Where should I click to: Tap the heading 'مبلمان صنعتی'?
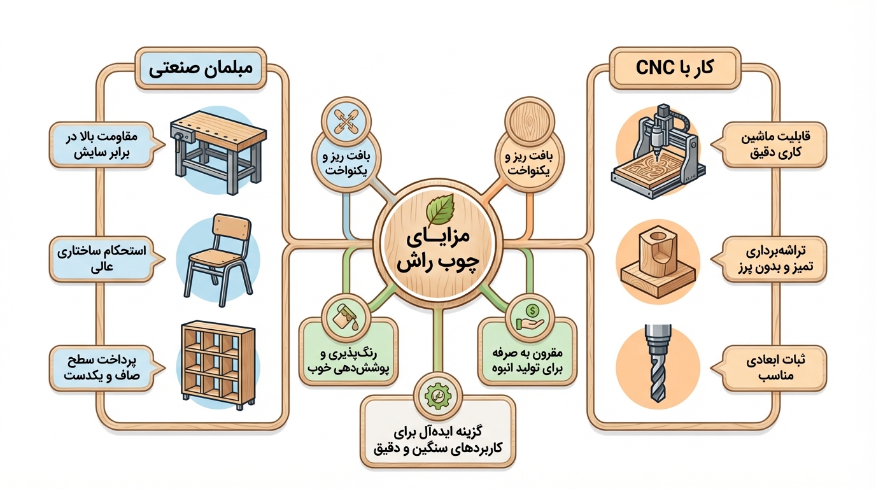pyautogui.click(x=201, y=69)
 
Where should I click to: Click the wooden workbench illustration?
pyautogui.click(x=218, y=152)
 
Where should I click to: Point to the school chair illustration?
pyautogui.click(x=219, y=259)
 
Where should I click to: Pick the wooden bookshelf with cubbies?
pyautogui.click(x=218, y=365)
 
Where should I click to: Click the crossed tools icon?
pyautogui.click(x=346, y=120)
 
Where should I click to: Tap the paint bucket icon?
pyautogui.click(x=346, y=318)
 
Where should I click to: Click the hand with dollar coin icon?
pyautogui.click(x=530, y=318)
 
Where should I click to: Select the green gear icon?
pyautogui.click(x=438, y=396)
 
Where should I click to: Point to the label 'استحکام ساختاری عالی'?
pyautogui.click(x=102, y=259)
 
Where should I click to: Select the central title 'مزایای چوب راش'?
pyautogui.click(x=438, y=251)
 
